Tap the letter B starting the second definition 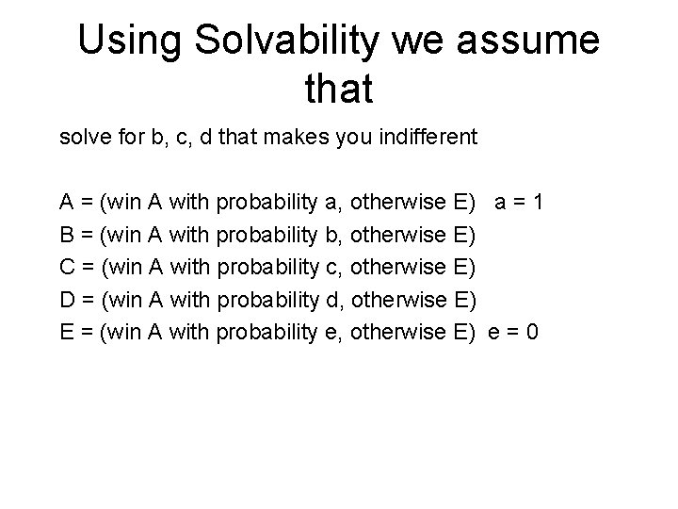tap(67, 234)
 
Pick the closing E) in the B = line tap(465, 234)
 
